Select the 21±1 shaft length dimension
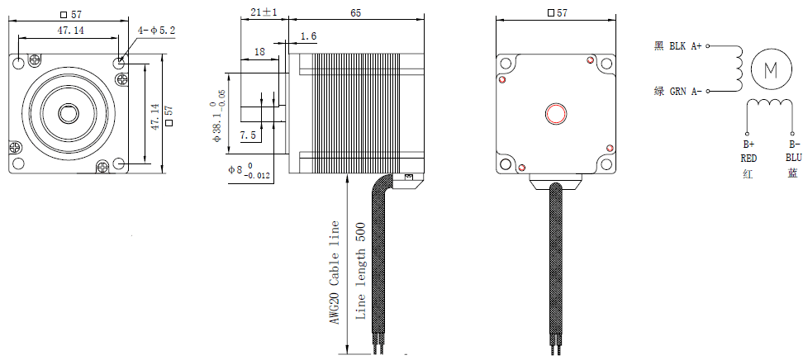coord(264,13)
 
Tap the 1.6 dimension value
coord(308,36)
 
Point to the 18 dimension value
coord(259,51)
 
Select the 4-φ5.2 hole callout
coord(157,31)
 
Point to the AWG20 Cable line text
coord(335,272)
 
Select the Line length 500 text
coord(359,272)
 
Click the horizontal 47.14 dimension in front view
coord(74,31)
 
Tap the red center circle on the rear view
coord(555,113)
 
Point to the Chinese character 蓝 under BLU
coord(792,173)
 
